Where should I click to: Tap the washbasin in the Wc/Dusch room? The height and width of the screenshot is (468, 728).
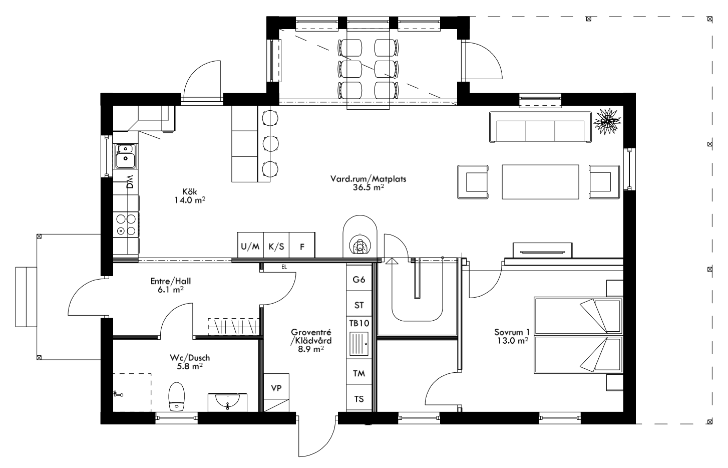(x=228, y=402)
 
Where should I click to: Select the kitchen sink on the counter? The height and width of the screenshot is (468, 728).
(x=125, y=156)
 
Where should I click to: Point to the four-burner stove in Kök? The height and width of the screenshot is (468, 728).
(x=126, y=224)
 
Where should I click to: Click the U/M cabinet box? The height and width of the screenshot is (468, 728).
(x=250, y=246)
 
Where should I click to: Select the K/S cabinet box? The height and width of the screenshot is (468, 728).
(x=276, y=246)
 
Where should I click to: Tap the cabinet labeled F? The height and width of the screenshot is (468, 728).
(x=302, y=246)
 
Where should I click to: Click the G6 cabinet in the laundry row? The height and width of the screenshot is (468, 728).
(x=359, y=280)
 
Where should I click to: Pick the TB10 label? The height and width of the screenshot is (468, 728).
(x=359, y=323)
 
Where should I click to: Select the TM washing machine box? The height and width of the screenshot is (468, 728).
(x=359, y=373)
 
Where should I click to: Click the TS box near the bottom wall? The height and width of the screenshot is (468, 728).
(x=359, y=399)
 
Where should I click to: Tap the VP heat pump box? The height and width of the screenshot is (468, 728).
(x=276, y=388)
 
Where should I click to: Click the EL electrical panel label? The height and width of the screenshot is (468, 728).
(x=284, y=267)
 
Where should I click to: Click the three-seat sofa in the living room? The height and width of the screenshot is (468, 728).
(x=540, y=128)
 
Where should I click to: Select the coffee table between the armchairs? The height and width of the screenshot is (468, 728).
(x=540, y=181)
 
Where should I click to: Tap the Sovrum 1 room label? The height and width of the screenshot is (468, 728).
(x=512, y=332)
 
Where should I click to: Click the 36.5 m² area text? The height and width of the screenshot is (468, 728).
(x=368, y=187)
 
